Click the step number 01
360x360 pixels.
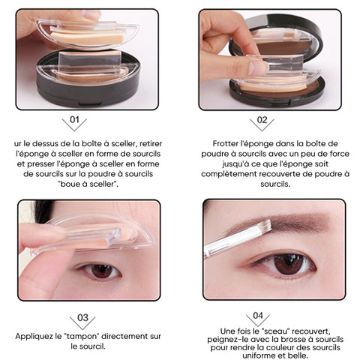(74, 120)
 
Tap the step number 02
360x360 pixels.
(262, 120)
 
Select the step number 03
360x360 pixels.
(82, 318)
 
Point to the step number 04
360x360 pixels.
(258, 316)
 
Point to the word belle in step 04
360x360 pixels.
(298, 355)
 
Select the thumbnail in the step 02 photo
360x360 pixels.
(258, 67)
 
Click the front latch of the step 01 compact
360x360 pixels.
(90, 103)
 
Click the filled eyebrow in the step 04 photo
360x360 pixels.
(287, 220)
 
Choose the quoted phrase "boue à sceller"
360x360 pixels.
(88, 184)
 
